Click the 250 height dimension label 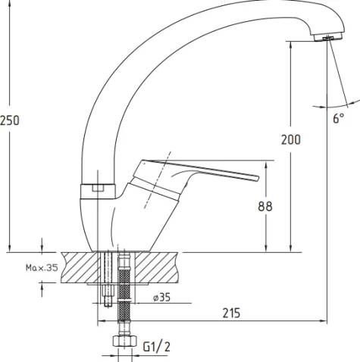pos(10,120)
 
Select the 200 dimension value pos(291,139)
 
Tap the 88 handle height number pos(265,206)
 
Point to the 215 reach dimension pos(231,313)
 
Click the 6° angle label pos(338,118)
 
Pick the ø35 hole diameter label pos(162,298)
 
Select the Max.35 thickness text pos(42,267)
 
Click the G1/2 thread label pos(157,347)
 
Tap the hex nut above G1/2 pos(124,341)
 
